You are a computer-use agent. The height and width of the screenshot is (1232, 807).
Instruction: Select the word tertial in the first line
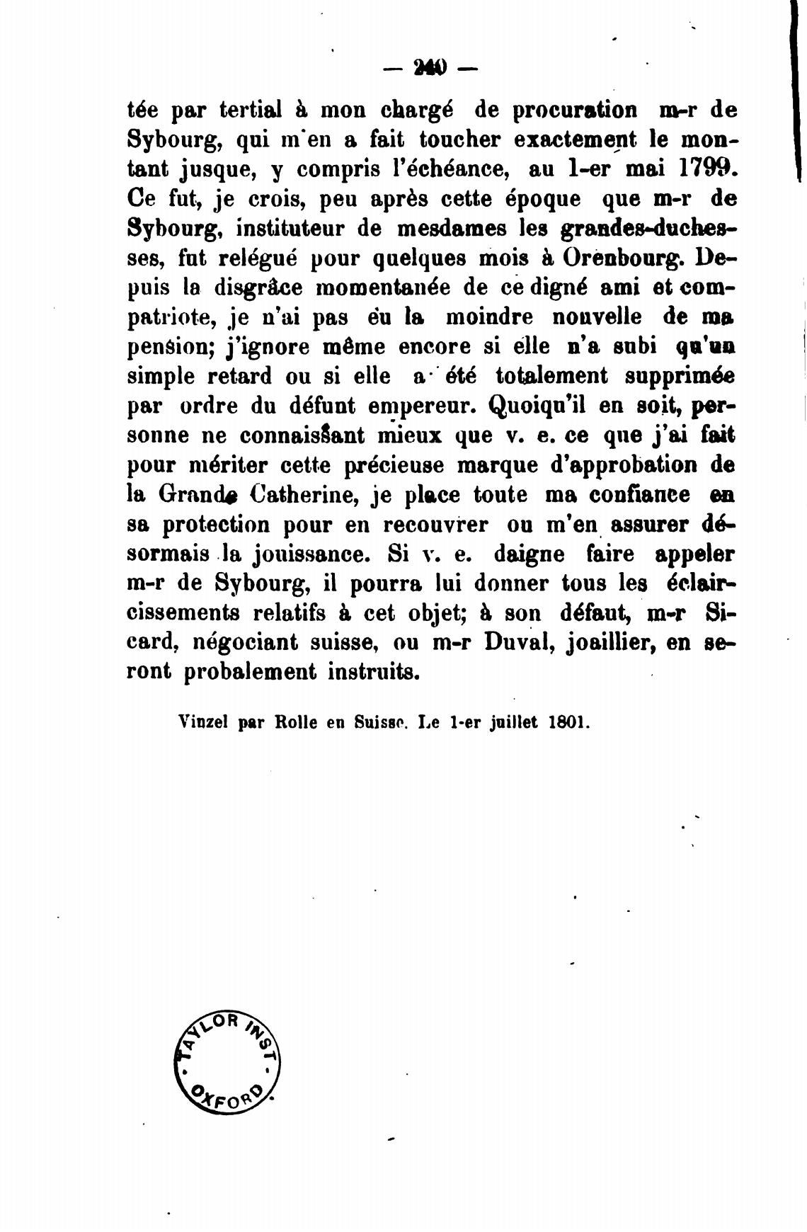coord(251,110)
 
